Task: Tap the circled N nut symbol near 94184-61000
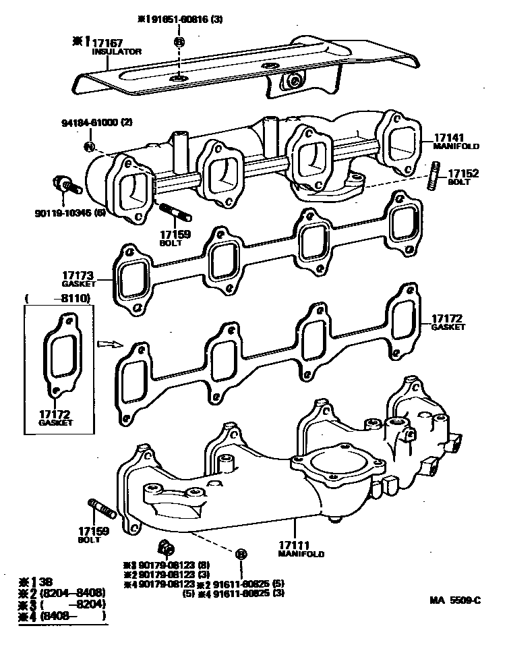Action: [x=88, y=146]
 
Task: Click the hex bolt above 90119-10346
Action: [x=65, y=184]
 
